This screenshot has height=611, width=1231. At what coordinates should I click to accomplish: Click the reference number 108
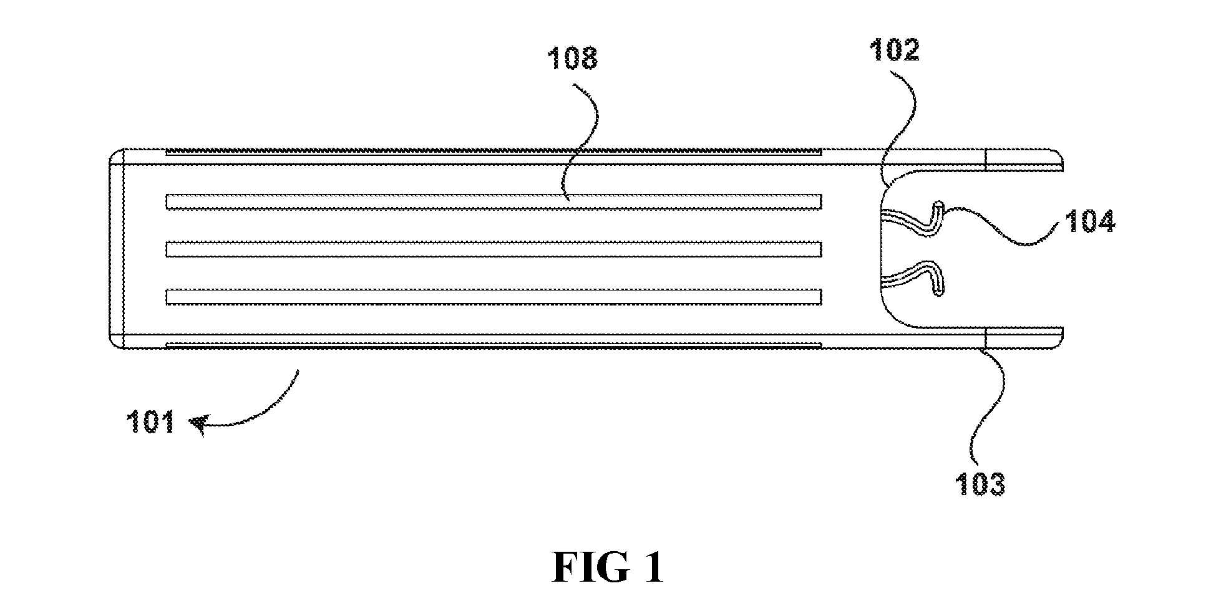point(573,59)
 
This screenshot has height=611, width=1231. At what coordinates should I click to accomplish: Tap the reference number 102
point(894,49)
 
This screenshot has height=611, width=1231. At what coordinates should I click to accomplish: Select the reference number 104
point(1091,221)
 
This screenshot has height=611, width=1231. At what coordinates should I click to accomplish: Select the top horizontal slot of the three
point(494,202)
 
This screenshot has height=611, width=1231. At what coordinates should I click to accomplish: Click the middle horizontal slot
point(494,249)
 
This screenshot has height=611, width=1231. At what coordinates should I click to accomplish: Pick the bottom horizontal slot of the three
point(494,297)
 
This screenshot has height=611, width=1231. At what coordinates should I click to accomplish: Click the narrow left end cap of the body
point(117,248)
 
